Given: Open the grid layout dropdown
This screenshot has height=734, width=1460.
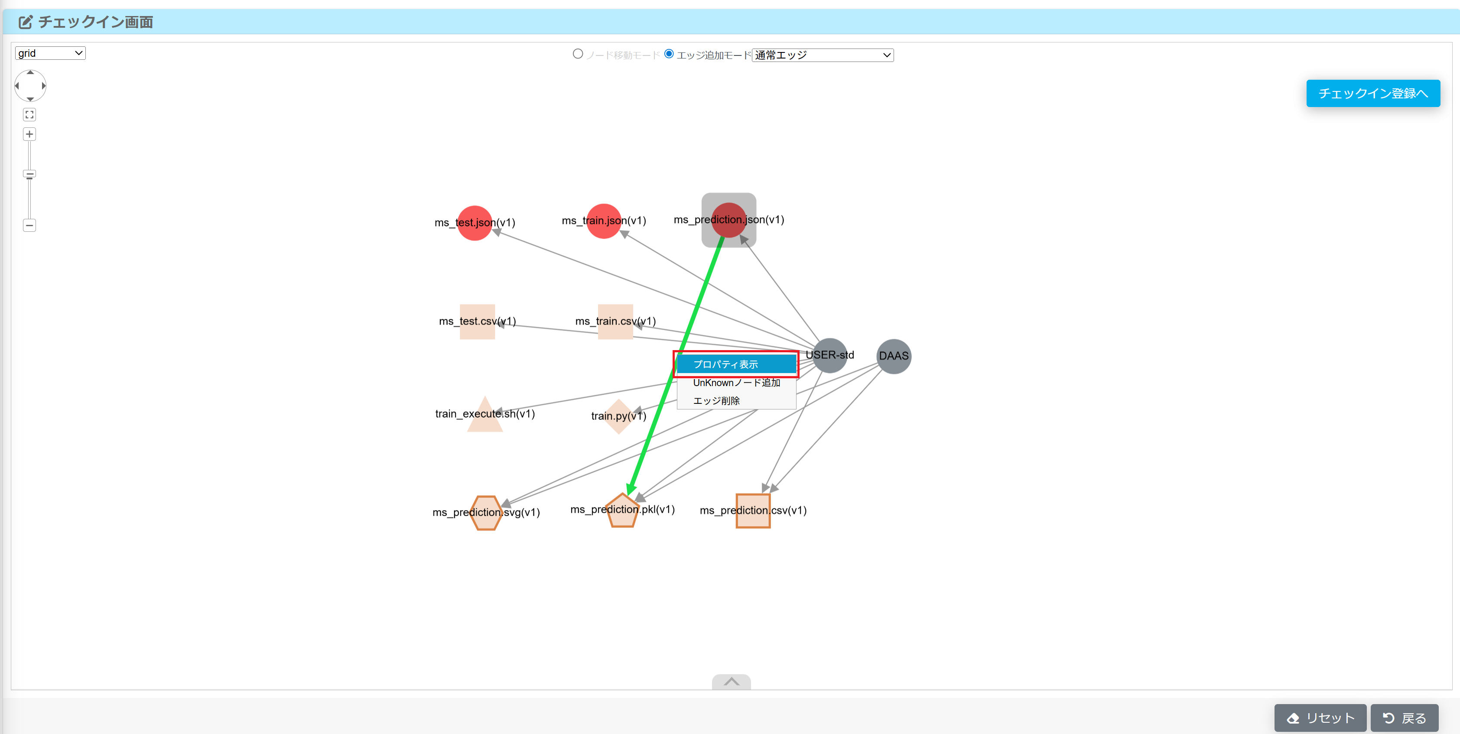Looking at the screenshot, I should [50, 53].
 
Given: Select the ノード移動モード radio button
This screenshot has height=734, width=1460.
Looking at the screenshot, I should [578, 54].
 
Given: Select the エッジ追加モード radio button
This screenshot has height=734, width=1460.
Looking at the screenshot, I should [669, 54].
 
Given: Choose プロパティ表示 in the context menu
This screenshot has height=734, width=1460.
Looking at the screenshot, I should [736, 364].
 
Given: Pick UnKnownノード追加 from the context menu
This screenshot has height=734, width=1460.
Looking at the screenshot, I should [736, 383].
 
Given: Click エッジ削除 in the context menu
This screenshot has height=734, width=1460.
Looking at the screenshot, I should [716, 401].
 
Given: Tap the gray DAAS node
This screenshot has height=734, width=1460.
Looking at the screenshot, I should [893, 356].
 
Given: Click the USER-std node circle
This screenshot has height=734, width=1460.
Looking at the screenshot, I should [830, 356].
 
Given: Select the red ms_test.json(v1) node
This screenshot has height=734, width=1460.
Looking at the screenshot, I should [475, 223].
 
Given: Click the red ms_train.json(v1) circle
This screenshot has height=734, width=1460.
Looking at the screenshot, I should [604, 221].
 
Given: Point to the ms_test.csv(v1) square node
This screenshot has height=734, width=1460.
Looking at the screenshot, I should [477, 322].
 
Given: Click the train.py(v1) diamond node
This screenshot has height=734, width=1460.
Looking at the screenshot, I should [618, 416].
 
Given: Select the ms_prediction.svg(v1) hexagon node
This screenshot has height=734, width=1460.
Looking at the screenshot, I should [486, 513].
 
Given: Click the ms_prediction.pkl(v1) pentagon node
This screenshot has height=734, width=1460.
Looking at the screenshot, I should [622, 511].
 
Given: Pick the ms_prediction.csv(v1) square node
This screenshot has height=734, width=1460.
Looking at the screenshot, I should [753, 511].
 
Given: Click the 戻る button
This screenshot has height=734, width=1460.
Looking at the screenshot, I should [1404, 718].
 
